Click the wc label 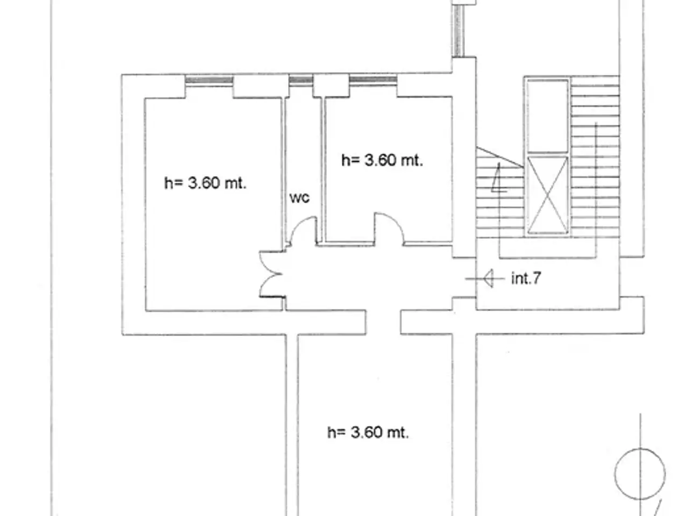click(x=299, y=198)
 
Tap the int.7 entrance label click(x=526, y=278)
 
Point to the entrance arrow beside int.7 click(x=485, y=278)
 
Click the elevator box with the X click(x=547, y=195)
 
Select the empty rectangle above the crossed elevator click(x=547, y=116)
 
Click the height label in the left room click(x=205, y=183)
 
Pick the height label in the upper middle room click(x=382, y=160)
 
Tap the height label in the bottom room click(x=368, y=432)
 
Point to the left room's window click(x=209, y=80)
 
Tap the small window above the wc click(x=301, y=80)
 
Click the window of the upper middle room click(x=373, y=80)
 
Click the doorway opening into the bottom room click(x=383, y=322)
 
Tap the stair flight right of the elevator click(x=595, y=156)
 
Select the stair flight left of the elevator click(x=500, y=192)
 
